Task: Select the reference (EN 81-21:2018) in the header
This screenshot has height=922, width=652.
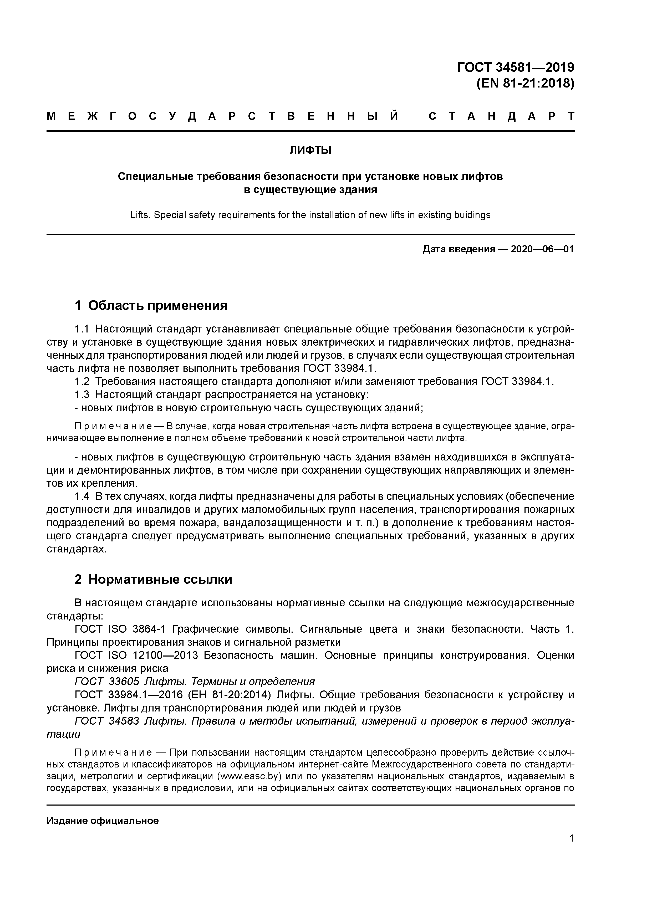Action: click(x=525, y=84)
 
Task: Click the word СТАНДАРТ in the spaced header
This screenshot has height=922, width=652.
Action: click(x=501, y=116)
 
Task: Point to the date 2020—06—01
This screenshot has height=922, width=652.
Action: click(x=542, y=249)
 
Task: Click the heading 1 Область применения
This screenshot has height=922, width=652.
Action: click(x=151, y=306)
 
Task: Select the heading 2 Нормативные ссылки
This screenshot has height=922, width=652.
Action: click(x=154, y=580)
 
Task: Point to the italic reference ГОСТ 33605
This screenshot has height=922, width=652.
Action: click(x=107, y=682)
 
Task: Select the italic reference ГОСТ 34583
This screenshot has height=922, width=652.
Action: click(x=107, y=721)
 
